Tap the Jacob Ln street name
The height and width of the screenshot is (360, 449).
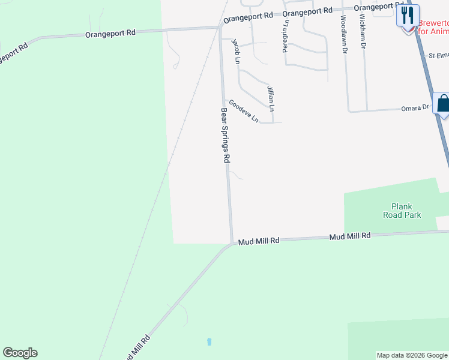[x=237, y=51]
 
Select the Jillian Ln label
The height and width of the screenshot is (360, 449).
[x=270, y=98]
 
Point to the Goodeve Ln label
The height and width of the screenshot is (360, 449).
[x=244, y=111]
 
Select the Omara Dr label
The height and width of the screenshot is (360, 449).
[x=415, y=108]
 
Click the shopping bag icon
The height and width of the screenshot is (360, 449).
[x=443, y=103]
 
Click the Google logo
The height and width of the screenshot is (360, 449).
[x=20, y=353]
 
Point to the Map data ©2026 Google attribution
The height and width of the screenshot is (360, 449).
[x=412, y=355]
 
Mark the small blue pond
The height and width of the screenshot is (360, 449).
[x=209, y=341]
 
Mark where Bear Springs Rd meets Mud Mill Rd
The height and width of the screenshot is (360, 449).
[x=231, y=243]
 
